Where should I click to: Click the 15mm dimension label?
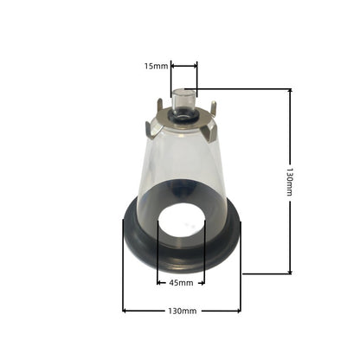pyautogui.click(x=156, y=66)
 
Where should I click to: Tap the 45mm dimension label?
pyautogui.click(x=181, y=283)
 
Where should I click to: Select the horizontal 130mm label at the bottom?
pyautogui.click(x=183, y=311)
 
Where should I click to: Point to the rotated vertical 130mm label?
pyautogui.click(x=290, y=182)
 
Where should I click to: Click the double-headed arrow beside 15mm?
pyautogui.click(x=184, y=66)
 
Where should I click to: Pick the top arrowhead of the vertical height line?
pyautogui.click(x=291, y=91)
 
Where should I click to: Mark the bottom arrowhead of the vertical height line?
pyautogui.click(x=291, y=271)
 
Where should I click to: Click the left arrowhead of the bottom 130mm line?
pyautogui.click(x=125, y=311)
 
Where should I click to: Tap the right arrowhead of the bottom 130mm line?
pyautogui.click(x=238, y=311)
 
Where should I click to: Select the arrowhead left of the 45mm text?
pyautogui.click(x=159, y=283)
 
